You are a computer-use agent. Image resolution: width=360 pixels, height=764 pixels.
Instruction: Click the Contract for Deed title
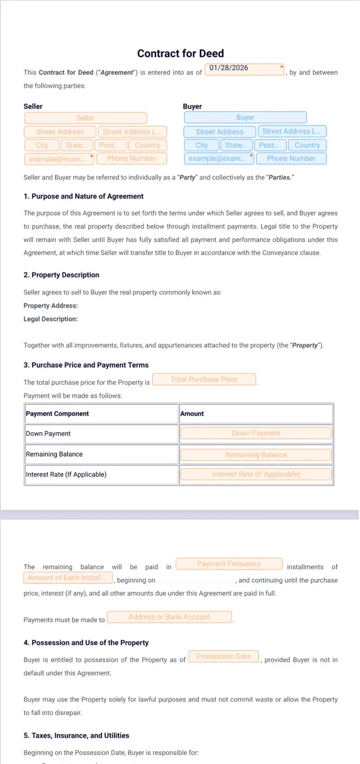coord(180,53)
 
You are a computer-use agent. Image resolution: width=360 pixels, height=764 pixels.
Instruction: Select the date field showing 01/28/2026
coord(244,69)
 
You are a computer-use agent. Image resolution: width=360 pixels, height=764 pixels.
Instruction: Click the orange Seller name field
coord(85,118)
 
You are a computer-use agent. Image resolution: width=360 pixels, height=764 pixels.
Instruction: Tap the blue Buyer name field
coord(245,117)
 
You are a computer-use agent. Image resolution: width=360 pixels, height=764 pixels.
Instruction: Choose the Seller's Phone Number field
coord(131,158)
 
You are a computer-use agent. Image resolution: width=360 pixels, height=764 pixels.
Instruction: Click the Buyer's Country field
coord(307,145)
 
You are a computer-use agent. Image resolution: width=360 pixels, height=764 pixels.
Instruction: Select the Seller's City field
coord(42,145)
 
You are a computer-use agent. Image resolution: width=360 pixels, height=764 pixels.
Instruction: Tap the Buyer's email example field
coord(217,158)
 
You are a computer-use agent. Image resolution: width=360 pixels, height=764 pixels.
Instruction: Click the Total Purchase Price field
coord(204,379)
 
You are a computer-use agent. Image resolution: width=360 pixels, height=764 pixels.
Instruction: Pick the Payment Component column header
coord(57,413)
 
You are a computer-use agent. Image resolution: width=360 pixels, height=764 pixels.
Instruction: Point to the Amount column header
coord(192,413)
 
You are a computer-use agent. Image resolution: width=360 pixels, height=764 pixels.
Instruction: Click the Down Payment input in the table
coord(255,433)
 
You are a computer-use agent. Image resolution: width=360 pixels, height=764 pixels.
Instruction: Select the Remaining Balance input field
coord(255,455)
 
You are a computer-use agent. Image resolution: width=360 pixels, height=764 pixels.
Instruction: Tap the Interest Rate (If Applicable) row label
coord(66,474)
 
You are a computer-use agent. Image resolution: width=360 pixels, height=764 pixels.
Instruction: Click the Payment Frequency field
coord(229,564)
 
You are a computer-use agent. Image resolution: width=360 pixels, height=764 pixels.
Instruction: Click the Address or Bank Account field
coord(169,617)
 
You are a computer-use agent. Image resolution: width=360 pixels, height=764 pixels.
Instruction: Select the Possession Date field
coord(224,657)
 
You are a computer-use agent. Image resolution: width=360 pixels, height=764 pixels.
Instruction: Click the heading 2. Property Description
coord(62,275)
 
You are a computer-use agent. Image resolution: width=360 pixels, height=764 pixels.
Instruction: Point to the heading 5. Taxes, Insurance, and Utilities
coord(77,736)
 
